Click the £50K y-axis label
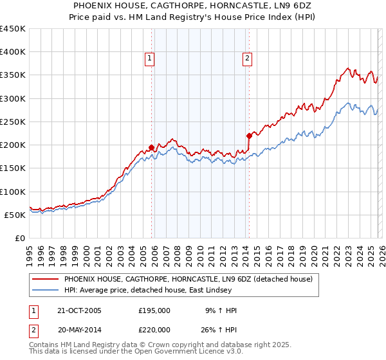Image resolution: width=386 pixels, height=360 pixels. [x=15, y=215]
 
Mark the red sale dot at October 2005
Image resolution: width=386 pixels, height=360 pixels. [x=152, y=147]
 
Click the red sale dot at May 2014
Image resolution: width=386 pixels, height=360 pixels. [x=248, y=136]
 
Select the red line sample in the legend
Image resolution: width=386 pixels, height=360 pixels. [x=46, y=279]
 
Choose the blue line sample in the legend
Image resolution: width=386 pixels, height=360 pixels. [x=46, y=290]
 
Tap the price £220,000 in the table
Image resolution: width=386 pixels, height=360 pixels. [x=154, y=329]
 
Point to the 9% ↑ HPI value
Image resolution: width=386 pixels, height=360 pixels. [x=221, y=310]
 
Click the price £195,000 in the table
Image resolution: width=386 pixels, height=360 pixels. [x=154, y=310]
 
